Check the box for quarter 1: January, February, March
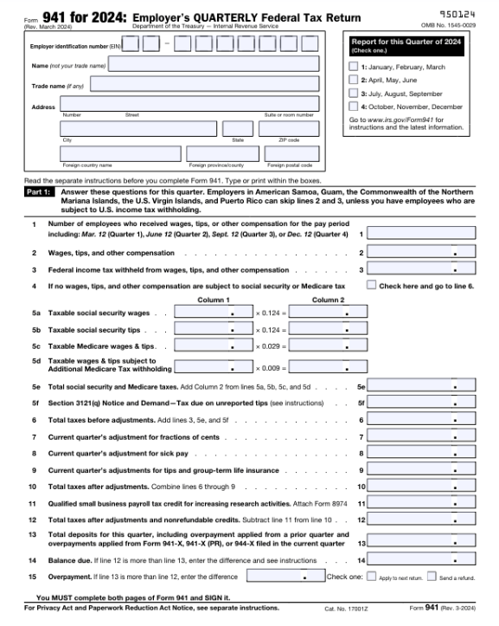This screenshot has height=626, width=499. coord(353,67)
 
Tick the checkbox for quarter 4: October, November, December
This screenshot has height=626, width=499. coord(353,106)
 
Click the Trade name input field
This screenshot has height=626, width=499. coord(204,84)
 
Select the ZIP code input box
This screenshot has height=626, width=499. coord(289,128)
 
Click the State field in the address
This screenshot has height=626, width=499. coord(238,128)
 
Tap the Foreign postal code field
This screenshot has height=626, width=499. coord(289,153)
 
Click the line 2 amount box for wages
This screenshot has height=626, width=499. coord(420,253)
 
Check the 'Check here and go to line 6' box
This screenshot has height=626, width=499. coord(371,285)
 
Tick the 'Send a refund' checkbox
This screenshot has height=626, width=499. coord(432,576)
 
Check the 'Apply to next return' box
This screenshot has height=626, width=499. coord(374,576)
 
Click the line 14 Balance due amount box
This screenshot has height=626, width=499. coord(420,560)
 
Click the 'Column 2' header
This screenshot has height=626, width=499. coord(328,300)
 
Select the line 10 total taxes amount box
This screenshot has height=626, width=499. coord(420,487)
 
